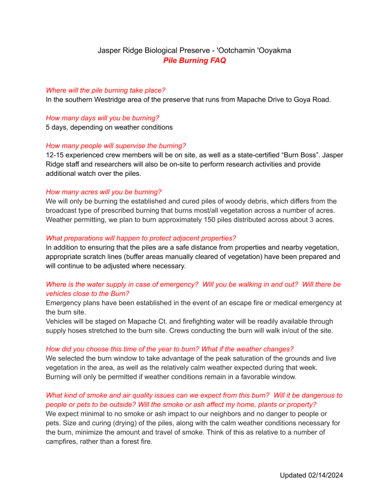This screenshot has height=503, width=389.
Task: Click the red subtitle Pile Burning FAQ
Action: (x=194, y=60)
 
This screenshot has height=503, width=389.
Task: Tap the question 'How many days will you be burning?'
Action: (x=102, y=118)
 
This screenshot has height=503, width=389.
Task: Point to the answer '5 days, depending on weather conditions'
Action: (x=109, y=127)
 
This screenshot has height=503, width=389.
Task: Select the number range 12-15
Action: (x=56, y=155)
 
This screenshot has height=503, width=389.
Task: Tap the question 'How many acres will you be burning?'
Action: (x=104, y=192)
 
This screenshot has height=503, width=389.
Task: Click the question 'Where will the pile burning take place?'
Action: (x=105, y=90)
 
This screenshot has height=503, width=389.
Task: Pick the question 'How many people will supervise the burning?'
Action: (x=116, y=145)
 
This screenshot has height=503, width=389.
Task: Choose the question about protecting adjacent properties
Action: (x=141, y=238)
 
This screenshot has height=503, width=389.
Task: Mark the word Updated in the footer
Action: (x=295, y=475)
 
